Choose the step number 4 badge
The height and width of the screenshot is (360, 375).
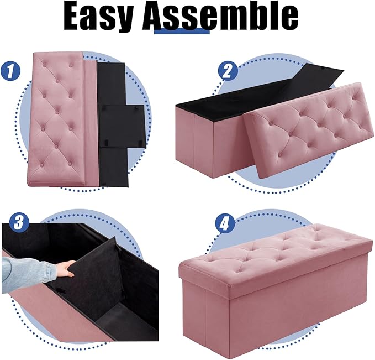(224, 224)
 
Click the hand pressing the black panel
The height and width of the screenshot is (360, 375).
(66, 269)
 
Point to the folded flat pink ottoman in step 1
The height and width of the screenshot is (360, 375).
(58, 116)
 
